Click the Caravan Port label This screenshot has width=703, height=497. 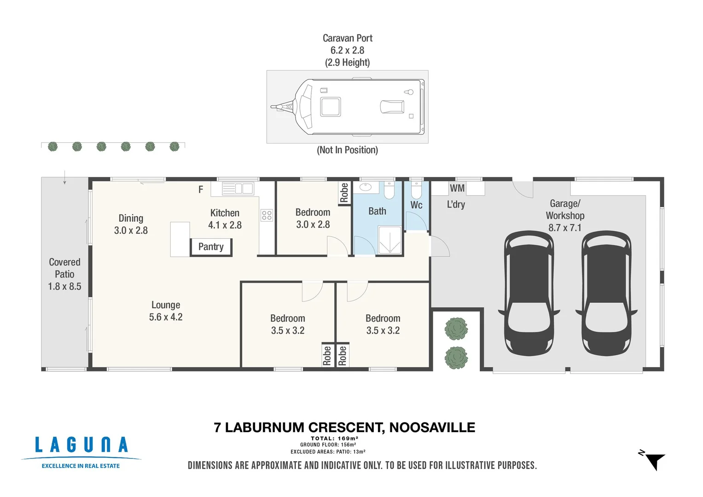[x=348, y=38]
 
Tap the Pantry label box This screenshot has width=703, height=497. [x=211, y=247]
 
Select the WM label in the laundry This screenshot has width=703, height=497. [x=457, y=188]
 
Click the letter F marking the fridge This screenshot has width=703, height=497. [x=201, y=189]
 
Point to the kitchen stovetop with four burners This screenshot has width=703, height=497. [x=267, y=215]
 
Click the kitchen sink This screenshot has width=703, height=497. [x=238, y=189]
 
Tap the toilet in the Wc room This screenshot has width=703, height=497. [x=416, y=190]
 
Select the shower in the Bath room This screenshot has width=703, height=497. [x=390, y=240]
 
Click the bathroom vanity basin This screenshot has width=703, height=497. [x=365, y=187]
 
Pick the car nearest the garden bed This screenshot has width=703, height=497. [x=529, y=294]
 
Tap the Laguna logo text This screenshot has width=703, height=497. [x=81, y=445]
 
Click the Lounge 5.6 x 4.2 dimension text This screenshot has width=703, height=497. [x=166, y=317]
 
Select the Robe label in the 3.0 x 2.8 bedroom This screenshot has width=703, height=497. [x=344, y=193]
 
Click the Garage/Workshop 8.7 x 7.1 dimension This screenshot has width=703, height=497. [x=565, y=228]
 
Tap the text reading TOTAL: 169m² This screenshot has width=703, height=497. [x=335, y=439]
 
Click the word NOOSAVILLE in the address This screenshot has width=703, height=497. [x=432, y=428]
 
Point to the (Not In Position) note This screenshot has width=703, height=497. [x=348, y=150]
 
